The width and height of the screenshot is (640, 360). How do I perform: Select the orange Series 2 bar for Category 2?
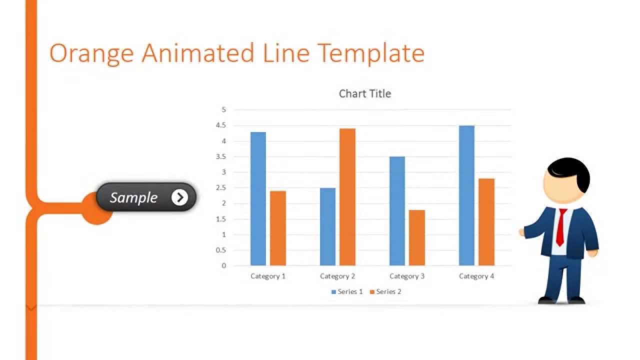click(x=347, y=197)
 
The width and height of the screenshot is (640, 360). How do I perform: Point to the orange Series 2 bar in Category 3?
click(x=417, y=237)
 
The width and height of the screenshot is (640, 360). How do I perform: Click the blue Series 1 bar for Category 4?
click(x=466, y=195)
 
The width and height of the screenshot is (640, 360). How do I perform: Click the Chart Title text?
click(x=365, y=93)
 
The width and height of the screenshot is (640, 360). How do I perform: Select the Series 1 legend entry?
click(x=347, y=291)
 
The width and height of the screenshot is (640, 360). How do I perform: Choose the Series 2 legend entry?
click(x=385, y=291)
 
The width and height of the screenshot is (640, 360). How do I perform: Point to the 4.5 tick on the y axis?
click(x=221, y=125)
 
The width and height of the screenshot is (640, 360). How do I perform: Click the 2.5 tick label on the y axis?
click(x=221, y=188)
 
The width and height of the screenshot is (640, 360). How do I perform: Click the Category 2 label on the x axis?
click(x=337, y=276)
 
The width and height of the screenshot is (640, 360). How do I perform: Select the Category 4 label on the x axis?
click(x=476, y=276)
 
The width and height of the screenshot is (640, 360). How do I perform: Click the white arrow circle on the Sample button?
click(x=179, y=197)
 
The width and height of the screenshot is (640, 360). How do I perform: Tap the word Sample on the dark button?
click(x=133, y=197)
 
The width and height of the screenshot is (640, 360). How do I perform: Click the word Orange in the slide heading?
click(x=91, y=53)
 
